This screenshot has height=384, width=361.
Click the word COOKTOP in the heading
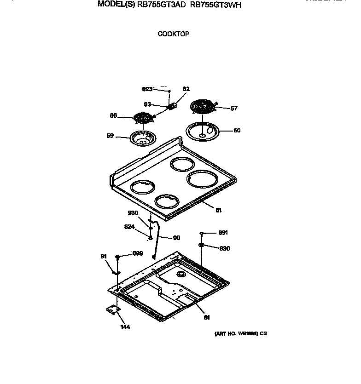coord(174,34)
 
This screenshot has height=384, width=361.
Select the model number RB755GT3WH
coord(215,6)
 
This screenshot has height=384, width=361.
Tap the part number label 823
coord(147,89)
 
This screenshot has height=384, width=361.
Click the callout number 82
coord(186,89)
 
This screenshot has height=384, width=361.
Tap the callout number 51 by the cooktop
coord(219,210)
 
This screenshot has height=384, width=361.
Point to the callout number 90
coord(176,238)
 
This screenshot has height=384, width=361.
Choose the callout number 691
coord(223,233)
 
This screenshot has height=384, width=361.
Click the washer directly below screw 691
coord(202,245)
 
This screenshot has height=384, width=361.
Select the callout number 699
coord(137,253)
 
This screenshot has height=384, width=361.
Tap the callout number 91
coord(103,257)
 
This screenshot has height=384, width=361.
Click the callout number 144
coord(125,327)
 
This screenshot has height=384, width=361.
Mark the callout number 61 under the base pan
coord(206,317)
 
